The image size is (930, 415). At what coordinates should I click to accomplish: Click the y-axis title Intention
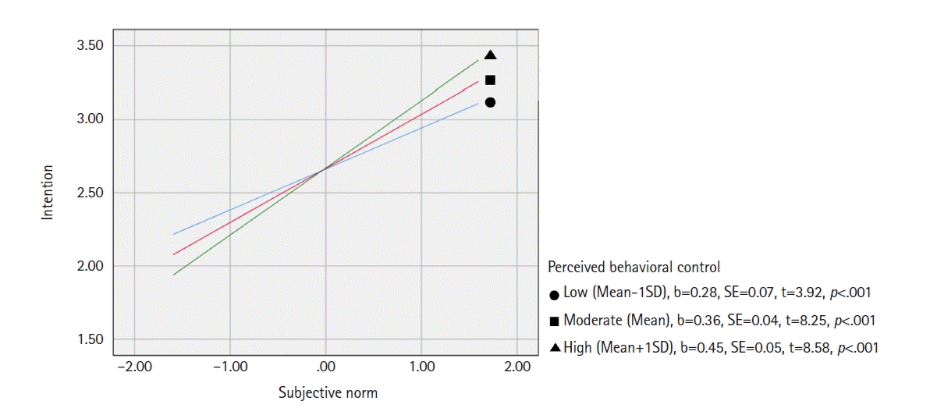(x=48, y=192)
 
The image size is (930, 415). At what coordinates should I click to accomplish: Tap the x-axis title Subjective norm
(x=328, y=393)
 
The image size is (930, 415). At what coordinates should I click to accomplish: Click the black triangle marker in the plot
(x=490, y=55)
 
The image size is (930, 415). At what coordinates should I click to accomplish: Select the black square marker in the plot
(x=490, y=80)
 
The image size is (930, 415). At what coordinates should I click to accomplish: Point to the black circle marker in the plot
(x=490, y=102)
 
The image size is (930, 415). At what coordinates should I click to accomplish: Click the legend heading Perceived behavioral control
(x=634, y=267)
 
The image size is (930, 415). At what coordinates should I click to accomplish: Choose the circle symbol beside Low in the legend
(x=554, y=296)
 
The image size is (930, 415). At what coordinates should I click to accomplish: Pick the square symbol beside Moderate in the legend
(x=554, y=321)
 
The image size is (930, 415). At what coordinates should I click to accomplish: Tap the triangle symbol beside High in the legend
(x=554, y=348)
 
